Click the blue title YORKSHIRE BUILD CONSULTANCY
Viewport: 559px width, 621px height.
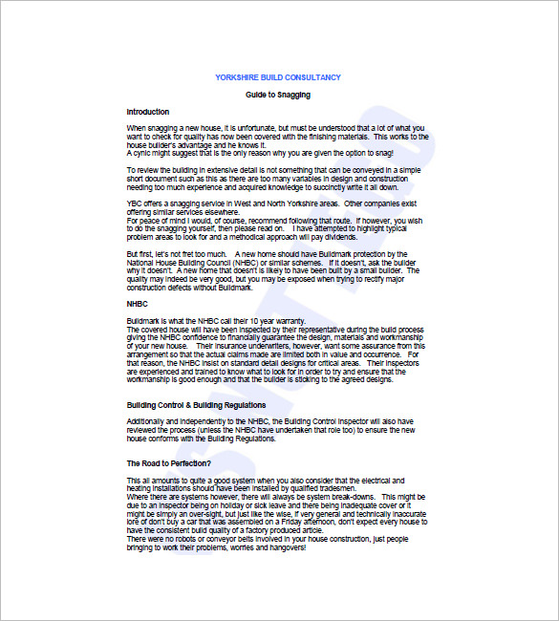(x=278, y=77)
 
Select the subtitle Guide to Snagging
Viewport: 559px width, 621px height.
(x=278, y=96)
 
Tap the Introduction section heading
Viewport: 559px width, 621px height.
(x=147, y=112)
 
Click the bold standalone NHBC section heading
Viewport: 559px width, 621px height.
(x=137, y=304)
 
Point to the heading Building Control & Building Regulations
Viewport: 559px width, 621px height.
(x=197, y=405)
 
